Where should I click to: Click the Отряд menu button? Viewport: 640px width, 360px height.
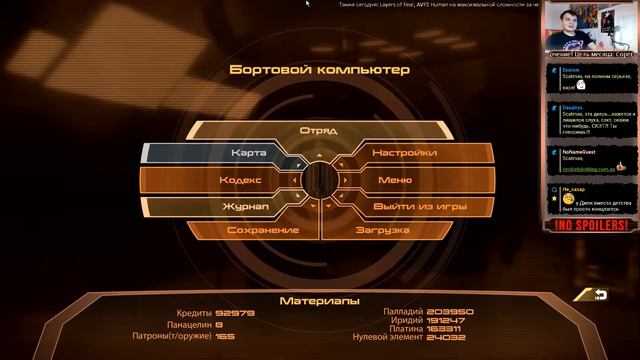point(319,131)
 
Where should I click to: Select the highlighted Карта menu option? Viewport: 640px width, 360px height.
point(248,153)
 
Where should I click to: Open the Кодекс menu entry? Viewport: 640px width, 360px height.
point(241,180)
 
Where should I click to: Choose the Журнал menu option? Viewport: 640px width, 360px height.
point(245,206)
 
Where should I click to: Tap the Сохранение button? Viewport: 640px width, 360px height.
point(263,230)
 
